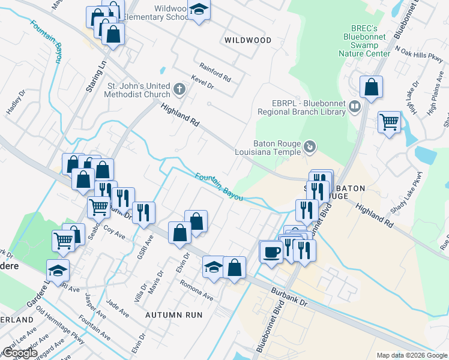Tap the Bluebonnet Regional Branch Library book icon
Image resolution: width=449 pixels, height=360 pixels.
point(355,107)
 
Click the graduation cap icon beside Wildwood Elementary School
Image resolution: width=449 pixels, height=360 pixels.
point(199,10)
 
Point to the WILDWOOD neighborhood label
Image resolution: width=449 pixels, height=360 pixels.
point(247,40)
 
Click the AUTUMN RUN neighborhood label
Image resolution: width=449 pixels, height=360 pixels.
point(173,314)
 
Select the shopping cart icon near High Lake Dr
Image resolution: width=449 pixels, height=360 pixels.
point(390,122)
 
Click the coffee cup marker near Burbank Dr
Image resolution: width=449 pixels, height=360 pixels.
point(271,250)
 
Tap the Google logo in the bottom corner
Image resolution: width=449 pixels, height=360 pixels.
point(19,353)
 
